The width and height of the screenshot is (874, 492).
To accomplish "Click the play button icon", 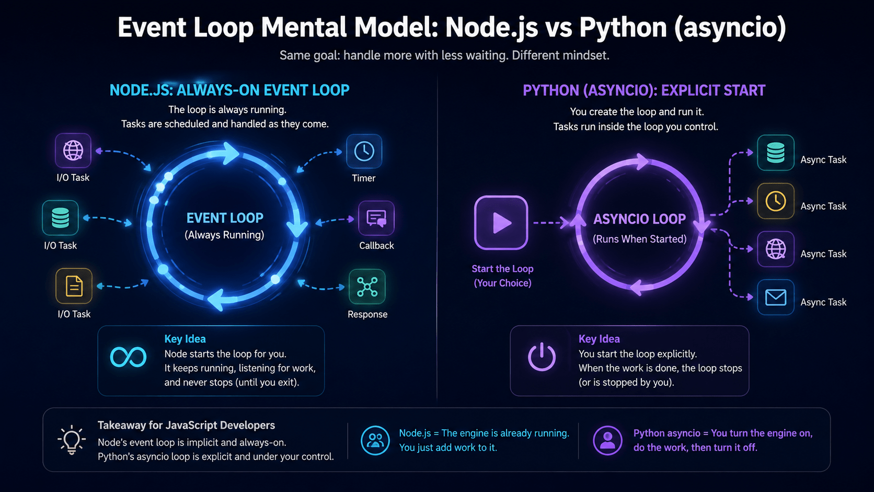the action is (x=501, y=223).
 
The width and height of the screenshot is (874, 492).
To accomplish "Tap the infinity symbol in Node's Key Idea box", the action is (x=128, y=357).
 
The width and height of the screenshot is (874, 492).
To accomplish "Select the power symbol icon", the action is (x=542, y=357).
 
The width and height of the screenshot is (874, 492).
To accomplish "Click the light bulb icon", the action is (x=72, y=440).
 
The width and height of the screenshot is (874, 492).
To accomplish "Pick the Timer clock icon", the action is (x=364, y=152).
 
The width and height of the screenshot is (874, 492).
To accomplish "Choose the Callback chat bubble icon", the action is (x=376, y=218).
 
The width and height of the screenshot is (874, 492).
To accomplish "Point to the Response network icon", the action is (x=367, y=287).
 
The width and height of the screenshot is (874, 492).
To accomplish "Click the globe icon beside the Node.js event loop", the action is (x=73, y=151).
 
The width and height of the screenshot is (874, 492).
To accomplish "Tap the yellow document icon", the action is (x=74, y=286).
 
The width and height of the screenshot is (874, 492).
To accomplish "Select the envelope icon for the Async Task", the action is (x=776, y=298).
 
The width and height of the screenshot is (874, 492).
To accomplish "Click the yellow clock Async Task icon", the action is (x=776, y=201).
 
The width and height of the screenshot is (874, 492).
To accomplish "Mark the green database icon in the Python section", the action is (x=776, y=153).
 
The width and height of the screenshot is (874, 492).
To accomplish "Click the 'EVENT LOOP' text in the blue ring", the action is (x=225, y=218).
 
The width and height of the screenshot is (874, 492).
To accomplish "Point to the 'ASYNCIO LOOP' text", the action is (x=639, y=219).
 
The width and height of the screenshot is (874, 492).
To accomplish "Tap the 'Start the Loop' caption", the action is (x=502, y=269).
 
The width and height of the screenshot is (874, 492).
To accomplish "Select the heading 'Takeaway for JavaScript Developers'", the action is (x=186, y=425).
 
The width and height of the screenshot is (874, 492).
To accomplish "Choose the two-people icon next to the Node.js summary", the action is (x=375, y=440).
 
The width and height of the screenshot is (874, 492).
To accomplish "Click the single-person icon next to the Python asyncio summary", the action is (x=607, y=440).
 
